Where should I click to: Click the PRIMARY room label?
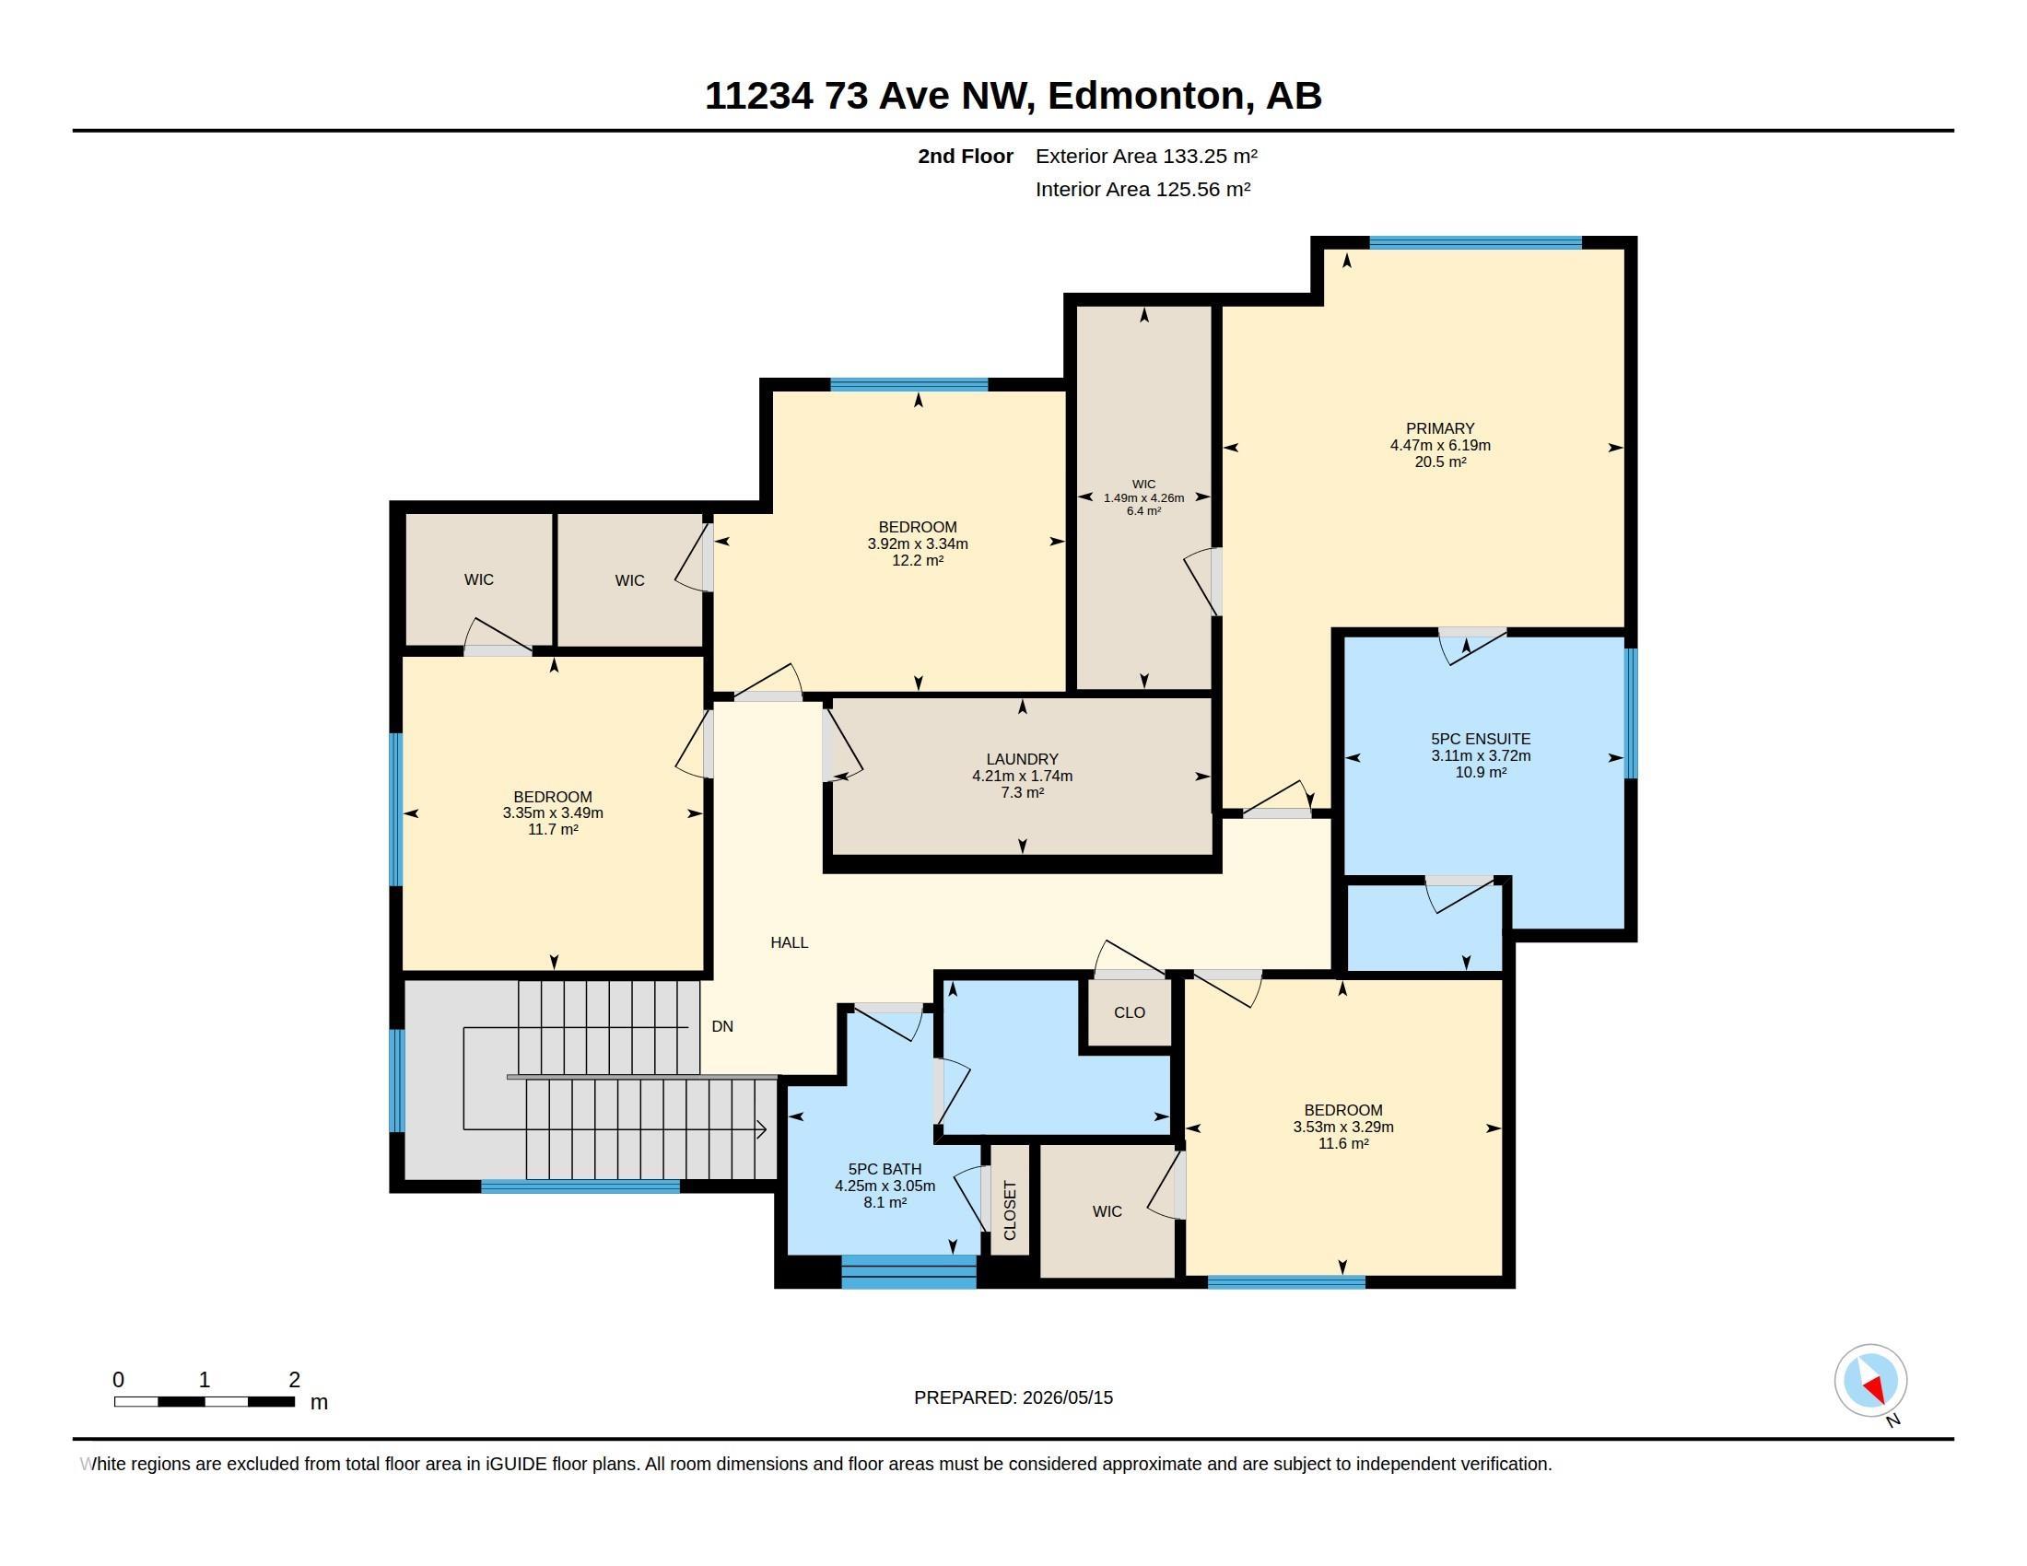pos(1439,428)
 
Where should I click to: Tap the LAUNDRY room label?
pos(1022,759)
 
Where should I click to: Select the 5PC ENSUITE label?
pos(1481,740)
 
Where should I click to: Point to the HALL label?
pos(789,942)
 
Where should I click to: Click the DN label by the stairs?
pos(722,1026)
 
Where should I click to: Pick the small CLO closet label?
pos(1130,1012)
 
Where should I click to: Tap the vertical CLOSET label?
pos(1010,1210)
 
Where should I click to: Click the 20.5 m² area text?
pos(1439,462)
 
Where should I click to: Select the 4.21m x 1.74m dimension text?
pos(1022,776)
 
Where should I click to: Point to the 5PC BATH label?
pos(885,1169)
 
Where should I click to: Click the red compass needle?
pos(1875,1389)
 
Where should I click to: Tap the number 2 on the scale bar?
pos(294,1380)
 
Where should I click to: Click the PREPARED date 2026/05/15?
pos(1067,1397)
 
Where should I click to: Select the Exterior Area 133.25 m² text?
pos(1146,156)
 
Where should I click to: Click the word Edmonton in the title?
pos(1146,96)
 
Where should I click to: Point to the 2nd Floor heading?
pos(966,156)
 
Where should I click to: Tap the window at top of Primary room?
pos(1476,243)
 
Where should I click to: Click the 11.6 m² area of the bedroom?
pos(1343,1144)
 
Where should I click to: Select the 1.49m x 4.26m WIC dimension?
pos(1143,498)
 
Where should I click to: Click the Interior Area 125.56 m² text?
pos(1142,189)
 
